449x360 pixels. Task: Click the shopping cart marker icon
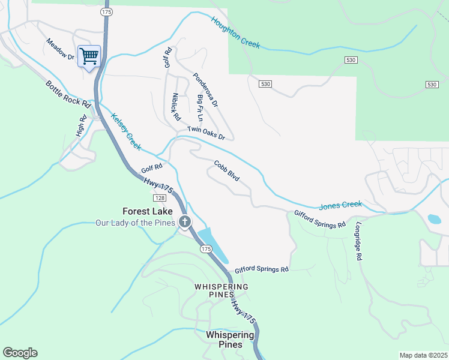pyautogui.click(x=89, y=57)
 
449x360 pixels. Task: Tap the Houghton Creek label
pyautogui.click(x=235, y=32)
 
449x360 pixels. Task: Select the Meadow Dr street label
pyautogui.click(x=60, y=49)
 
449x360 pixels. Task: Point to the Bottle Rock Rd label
pyautogui.click(x=68, y=94)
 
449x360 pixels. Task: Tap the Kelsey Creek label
pyautogui.click(x=126, y=133)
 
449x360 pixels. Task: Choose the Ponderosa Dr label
pyautogui.click(x=205, y=90)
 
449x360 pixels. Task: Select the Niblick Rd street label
pyautogui.click(x=176, y=107)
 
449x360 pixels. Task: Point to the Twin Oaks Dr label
pyautogui.click(x=206, y=133)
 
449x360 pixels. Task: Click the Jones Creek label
pyautogui.click(x=340, y=205)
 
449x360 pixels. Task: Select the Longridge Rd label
pyautogui.click(x=359, y=241)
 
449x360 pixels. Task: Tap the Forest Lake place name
pyautogui.click(x=148, y=211)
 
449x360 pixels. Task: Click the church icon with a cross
pyautogui.click(x=185, y=222)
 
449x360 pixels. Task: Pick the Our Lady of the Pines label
pyautogui.click(x=135, y=223)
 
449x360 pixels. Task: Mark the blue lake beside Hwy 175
pyautogui.click(x=213, y=243)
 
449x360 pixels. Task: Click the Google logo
pyautogui.click(x=20, y=353)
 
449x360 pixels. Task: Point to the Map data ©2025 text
pyautogui.click(x=423, y=355)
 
